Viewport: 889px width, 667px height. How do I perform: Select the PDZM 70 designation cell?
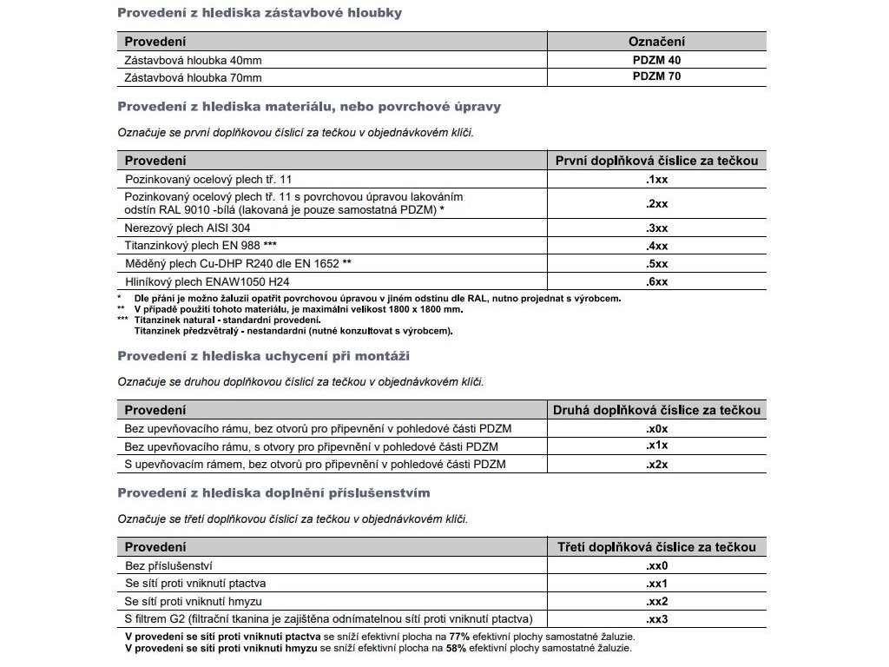(x=656, y=76)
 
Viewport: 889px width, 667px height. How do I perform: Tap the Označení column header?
(x=656, y=42)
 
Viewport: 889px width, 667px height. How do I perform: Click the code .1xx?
(x=656, y=178)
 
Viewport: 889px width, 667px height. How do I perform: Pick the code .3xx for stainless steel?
(x=656, y=228)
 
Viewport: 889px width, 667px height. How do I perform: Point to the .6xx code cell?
(x=656, y=281)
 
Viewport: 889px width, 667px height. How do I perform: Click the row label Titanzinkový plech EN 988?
(x=201, y=246)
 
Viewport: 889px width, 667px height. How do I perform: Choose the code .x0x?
(x=656, y=428)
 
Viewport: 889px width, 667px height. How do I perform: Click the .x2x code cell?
(x=656, y=464)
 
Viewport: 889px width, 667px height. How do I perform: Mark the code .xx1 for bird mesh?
(x=656, y=583)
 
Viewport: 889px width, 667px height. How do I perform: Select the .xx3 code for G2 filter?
(x=656, y=619)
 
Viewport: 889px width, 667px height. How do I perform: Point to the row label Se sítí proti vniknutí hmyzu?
(x=194, y=601)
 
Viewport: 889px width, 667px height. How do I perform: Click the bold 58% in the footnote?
(x=456, y=648)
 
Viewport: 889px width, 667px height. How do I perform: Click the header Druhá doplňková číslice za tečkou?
(x=656, y=410)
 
